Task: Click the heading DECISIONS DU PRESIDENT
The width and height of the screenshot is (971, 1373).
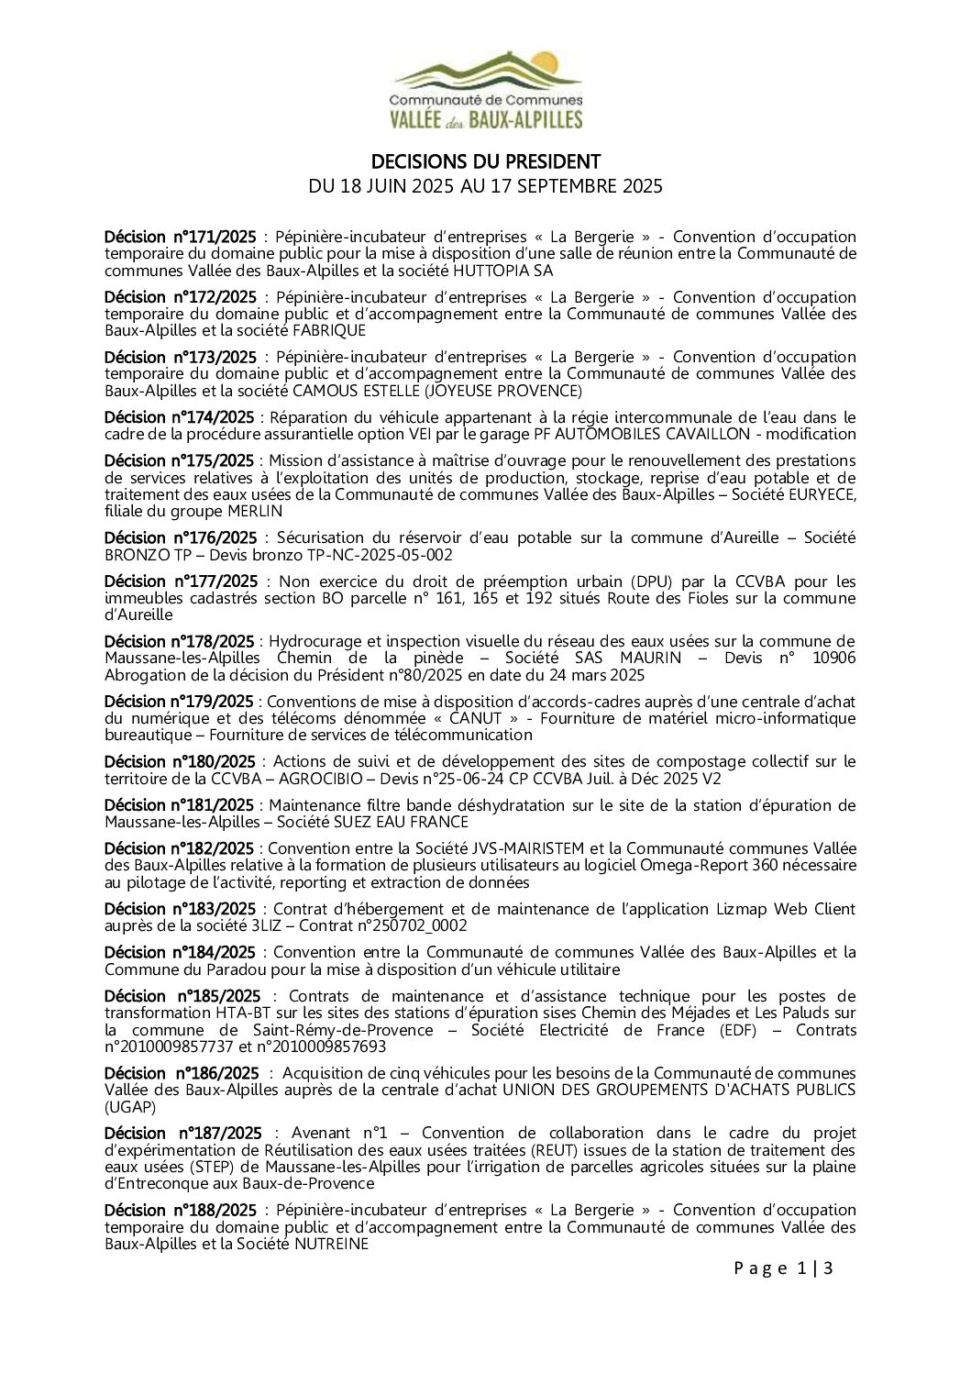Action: coord(486,162)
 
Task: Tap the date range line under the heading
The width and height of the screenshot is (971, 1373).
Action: coord(486,186)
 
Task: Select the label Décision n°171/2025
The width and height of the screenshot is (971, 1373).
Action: coord(180,237)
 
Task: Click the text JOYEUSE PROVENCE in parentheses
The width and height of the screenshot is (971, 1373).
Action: coord(503,391)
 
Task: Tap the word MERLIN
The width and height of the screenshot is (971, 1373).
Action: coord(255,511)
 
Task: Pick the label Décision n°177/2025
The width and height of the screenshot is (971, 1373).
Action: coord(181,581)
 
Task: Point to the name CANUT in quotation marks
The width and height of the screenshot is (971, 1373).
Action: coord(475,718)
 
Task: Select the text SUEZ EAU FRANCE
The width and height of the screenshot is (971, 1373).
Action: coord(401,822)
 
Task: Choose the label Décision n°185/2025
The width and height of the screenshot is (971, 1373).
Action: coord(182,996)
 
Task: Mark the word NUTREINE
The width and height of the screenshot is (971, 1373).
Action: coord(331,1244)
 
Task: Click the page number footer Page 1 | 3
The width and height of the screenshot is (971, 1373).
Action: coord(783,1268)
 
